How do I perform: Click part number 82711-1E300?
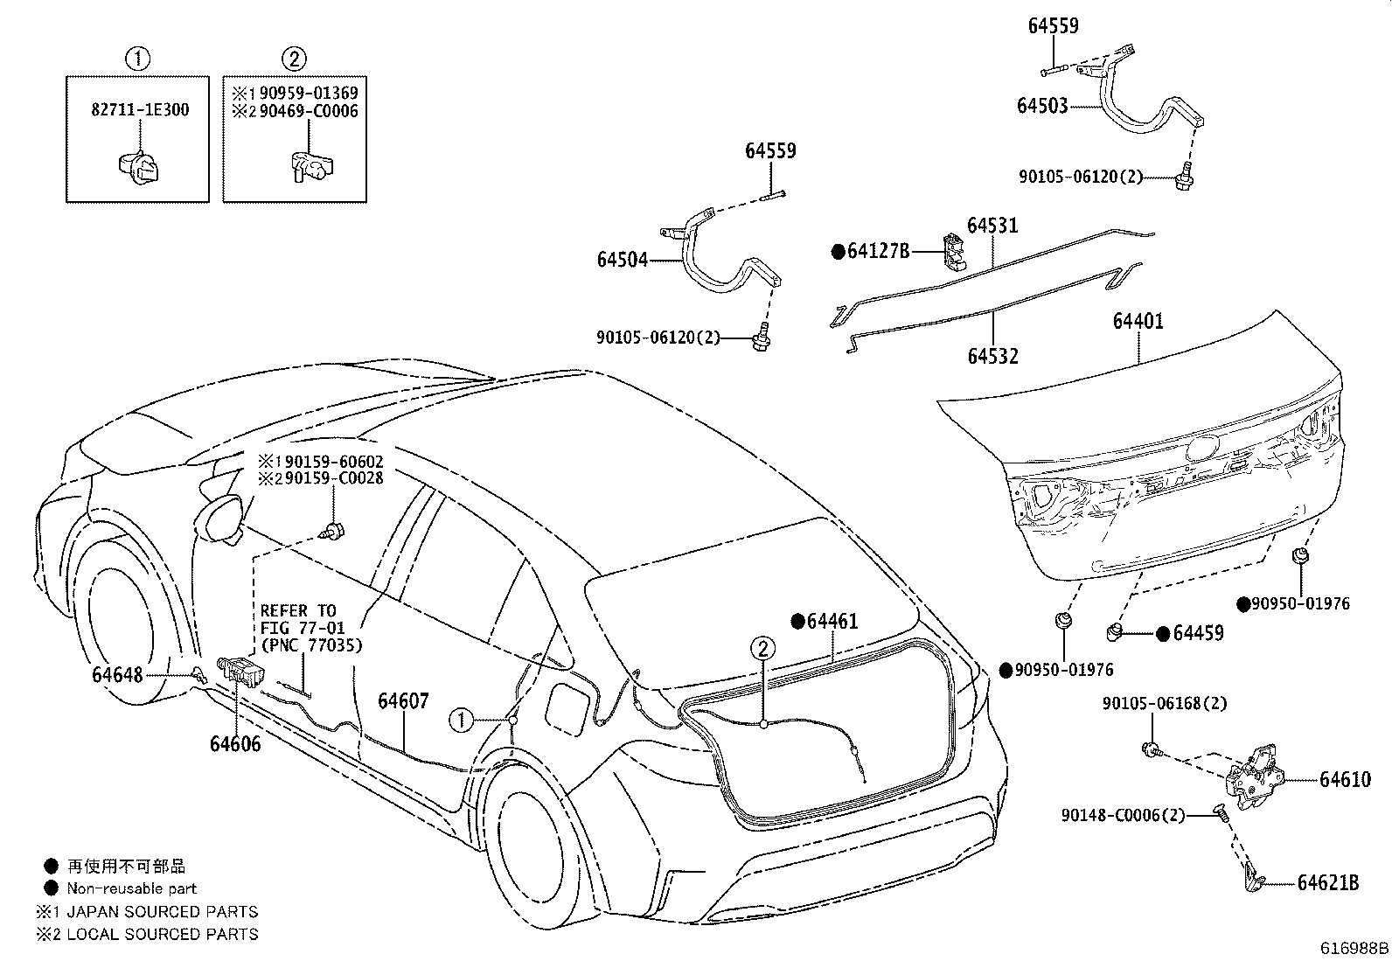click(x=140, y=110)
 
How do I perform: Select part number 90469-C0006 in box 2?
click(x=309, y=111)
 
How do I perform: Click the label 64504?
click(x=622, y=259)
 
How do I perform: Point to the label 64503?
click(x=1042, y=106)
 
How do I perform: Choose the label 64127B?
click(x=878, y=251)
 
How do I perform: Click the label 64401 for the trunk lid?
click(x=1138, y=321)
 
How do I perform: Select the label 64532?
click(x=993, y=356)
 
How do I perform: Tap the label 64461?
click(x=832, y=621)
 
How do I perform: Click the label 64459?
click(x=1198, y=633)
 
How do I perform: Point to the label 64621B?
click(x=1328, y=883)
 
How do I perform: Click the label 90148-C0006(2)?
click(x=1123, y=815)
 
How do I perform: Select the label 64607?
click(x=403, y=701)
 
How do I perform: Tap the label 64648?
click(x=117, y=675)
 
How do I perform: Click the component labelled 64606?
click(x=241, y=672)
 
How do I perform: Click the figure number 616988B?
click(x=1354, y=948)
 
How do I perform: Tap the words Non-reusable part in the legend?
click(x=132, y=889)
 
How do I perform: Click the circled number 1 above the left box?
click(x=137, y=59)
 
